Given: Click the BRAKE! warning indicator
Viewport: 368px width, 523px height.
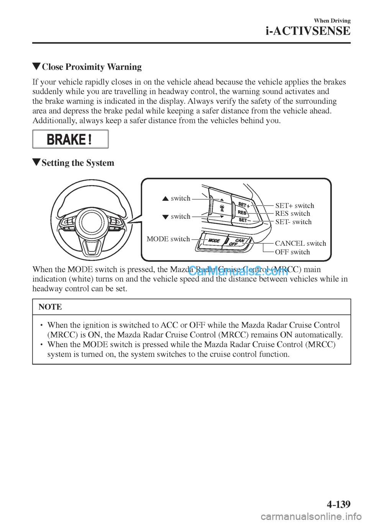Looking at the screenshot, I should [x=70, y=139].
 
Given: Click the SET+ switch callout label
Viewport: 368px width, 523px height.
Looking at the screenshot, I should [x=294, y=205].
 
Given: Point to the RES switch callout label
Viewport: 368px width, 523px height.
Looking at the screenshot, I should [x=292, y=214].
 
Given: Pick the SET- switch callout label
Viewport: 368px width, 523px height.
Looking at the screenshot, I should [x=293, y=222].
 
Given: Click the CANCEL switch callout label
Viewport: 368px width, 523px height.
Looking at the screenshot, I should [x=301, y=243].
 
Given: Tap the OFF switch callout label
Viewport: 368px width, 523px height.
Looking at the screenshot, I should [x=292, y=252].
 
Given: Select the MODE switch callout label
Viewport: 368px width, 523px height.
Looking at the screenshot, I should [x=168, y=239].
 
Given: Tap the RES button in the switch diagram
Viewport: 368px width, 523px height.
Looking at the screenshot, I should [x=242, y=212].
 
